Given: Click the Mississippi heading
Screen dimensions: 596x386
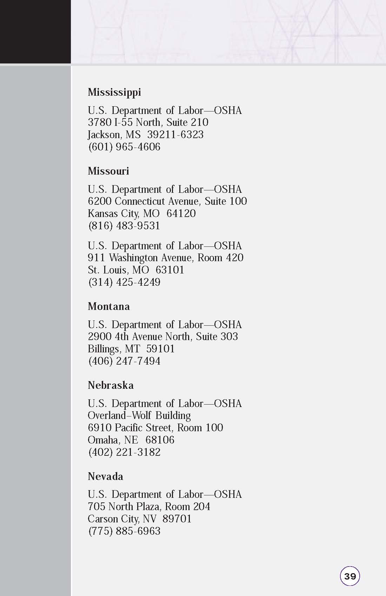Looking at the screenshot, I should [114, 92].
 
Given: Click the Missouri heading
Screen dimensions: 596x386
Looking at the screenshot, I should [108, 171].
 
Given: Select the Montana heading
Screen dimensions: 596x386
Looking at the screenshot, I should [108, 306].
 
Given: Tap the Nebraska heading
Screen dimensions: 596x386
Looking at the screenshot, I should [111, 385].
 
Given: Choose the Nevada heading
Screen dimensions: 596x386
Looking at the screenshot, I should [105, 476].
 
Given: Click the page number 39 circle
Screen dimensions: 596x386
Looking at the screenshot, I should [350, 576].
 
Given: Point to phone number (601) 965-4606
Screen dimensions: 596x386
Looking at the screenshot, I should [124, 147].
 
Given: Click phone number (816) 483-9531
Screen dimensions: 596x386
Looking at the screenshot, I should [124, 225].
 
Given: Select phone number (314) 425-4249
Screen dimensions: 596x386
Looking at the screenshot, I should [124, 282].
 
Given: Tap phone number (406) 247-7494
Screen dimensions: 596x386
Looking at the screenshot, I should [124, 361].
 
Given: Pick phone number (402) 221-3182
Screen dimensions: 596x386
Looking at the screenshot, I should [124, 452].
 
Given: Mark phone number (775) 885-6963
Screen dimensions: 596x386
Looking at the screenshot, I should [124, 531].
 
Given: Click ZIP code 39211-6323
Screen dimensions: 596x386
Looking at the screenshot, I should [175, 135].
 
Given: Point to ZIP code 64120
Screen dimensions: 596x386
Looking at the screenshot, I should [181, 214].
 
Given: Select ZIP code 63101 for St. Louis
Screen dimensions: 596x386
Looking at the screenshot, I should [170, 270].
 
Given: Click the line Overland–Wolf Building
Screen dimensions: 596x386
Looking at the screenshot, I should [139, 415].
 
